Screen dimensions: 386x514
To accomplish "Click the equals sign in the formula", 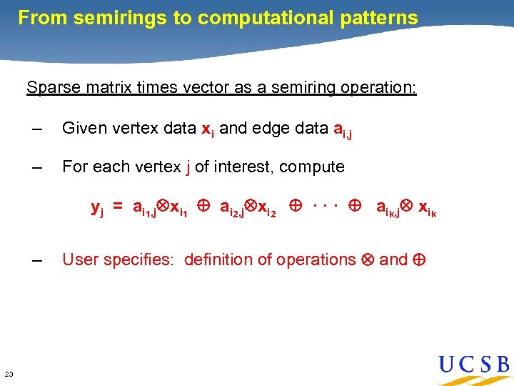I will point(117,208).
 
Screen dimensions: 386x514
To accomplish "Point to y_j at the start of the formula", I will point(97,209).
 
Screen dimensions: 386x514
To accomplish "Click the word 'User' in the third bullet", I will point(80,259).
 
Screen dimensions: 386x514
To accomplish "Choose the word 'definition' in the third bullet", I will point(217,259).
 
